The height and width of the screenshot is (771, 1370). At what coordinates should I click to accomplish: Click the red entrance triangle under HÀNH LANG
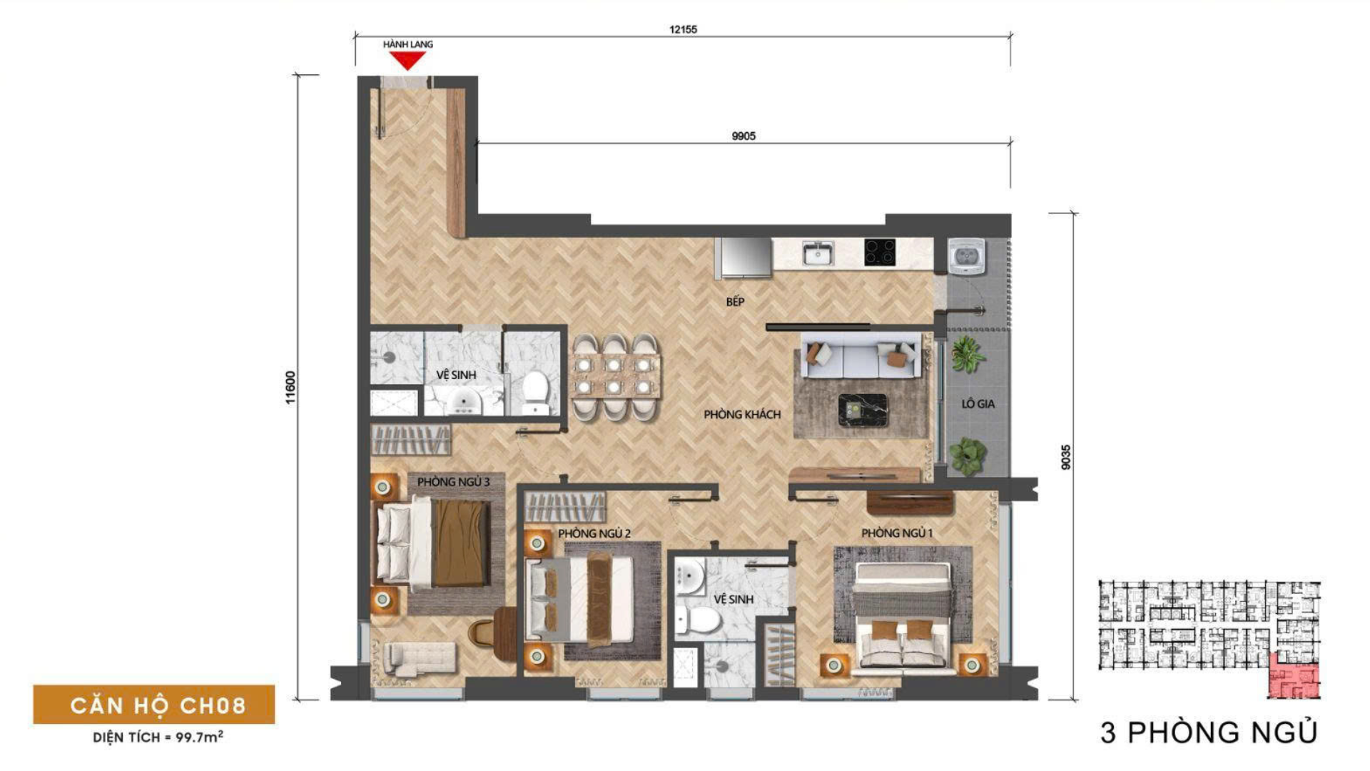[407, 61]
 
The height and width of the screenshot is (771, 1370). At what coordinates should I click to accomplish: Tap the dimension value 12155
[683, 29]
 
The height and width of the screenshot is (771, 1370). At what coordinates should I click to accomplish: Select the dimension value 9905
[744, 136]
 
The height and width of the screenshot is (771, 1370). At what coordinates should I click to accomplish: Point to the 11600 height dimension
[290, 388]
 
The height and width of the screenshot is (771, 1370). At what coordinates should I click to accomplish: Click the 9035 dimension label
[1066, 457]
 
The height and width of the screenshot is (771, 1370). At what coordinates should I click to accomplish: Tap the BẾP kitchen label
[735, 302]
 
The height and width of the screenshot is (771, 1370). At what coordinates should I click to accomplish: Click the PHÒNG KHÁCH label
[742, 415]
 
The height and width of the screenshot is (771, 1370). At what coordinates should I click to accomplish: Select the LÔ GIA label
[978, 404]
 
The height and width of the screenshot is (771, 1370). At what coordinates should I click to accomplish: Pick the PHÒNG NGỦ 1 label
[897, 533]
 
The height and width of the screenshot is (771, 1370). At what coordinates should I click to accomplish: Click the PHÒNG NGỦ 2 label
[594, 533]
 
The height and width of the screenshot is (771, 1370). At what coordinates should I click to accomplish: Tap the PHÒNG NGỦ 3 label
[454, 482]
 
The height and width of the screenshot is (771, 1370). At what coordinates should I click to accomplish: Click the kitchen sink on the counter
[818, 253]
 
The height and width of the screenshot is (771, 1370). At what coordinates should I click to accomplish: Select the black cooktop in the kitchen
[880, 252]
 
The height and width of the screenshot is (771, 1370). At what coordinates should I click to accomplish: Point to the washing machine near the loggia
[967, 255]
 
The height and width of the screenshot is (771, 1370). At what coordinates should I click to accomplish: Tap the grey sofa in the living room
[859, 358]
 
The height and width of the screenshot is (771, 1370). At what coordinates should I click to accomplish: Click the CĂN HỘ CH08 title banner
[154, 705]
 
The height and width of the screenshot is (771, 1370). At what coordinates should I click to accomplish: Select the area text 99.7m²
[199, 737]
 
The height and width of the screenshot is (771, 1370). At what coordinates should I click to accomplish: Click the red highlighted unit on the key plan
[1294, 675]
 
